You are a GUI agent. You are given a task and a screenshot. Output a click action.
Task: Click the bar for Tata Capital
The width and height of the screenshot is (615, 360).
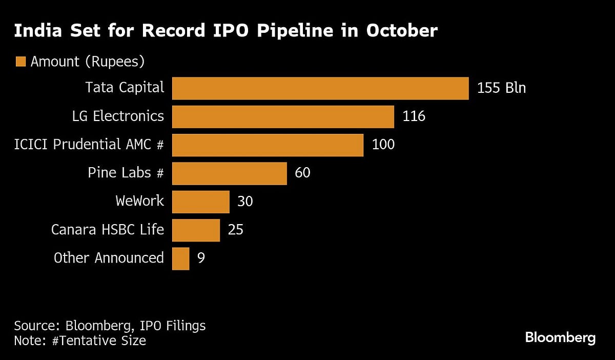point(320,88)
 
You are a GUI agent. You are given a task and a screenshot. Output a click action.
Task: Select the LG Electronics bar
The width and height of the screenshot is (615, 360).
point(283,116)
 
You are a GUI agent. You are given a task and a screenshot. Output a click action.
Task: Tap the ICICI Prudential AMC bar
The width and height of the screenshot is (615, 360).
point(268,145)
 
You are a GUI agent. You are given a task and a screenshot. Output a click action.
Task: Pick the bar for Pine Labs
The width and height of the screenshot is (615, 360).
point(229,173)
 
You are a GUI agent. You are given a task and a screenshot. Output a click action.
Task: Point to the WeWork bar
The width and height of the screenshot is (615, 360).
point(200,201)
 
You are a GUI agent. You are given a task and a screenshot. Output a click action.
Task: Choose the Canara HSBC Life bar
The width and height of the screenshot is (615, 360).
point(196,229)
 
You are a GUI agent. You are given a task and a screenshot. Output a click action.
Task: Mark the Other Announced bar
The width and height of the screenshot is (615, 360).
point(180,258)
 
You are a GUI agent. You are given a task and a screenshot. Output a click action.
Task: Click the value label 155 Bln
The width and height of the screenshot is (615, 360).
point(501,88)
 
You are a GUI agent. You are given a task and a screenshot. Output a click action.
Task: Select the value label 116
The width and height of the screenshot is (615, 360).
point(414,116)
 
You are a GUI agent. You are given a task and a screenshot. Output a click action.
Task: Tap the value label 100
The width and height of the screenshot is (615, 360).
point(383,145)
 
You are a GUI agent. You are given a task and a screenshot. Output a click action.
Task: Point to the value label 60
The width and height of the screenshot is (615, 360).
point(302,173)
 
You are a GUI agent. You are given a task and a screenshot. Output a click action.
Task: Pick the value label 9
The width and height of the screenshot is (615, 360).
point(200,258)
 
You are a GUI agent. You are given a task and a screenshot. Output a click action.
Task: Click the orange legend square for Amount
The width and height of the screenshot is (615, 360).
point(20,62)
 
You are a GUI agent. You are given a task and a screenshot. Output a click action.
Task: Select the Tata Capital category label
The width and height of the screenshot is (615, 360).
point(125,88)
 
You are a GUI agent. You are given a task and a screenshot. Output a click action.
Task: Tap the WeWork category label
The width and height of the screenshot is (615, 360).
point(140,201)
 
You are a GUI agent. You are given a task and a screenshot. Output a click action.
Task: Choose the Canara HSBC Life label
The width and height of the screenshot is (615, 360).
point(108,229)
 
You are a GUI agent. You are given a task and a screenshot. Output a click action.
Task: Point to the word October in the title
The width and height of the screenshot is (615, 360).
point(402,31)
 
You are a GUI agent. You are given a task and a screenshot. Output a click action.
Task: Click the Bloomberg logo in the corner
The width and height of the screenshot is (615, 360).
point(560,338)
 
